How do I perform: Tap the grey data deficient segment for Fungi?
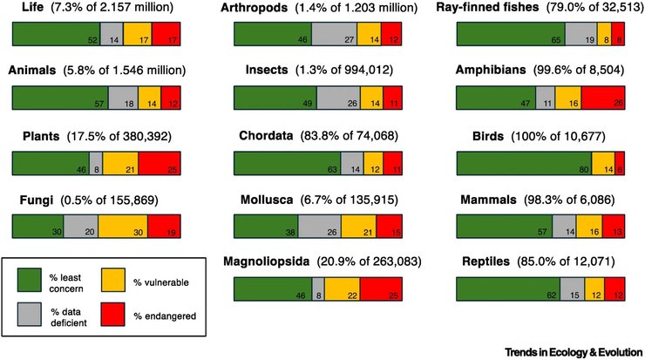(x=80, y=226)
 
